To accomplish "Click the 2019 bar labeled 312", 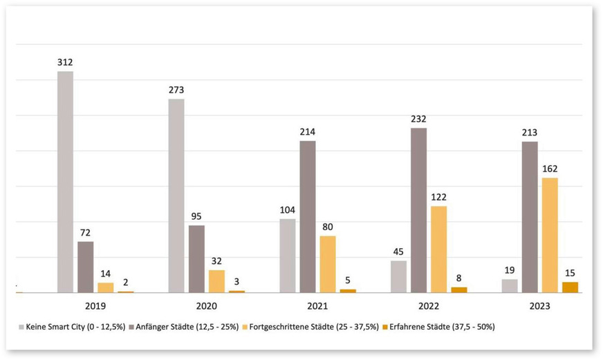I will pyautogui.click(x=65, y=182).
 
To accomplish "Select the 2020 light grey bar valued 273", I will pyautogui.click(x=176, y=196).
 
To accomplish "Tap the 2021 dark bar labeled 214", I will pyautogui.click(x=308, y=216).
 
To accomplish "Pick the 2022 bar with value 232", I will pyautogui.click(x=418, y=210).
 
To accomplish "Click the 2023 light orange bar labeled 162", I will pyautogui.click(x=550, y=235).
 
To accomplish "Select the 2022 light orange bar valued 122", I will pyautogui.click(x=438, y=249).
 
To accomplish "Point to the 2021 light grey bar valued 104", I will pyautogui.click(x=288, y=256).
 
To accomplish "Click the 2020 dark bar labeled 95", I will pyautogui.click(x=196, y=258).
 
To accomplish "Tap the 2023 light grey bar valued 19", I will pyautogui.click(x=510, y=285).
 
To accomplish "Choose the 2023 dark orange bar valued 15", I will pyautogui.click(x=570, y=287).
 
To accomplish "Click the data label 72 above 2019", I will pyautogui.click(x=85, y=233).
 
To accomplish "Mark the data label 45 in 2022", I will pyautogui.click(x=398, y=252).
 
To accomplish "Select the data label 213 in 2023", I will pyautogui.click(x=530, y=133).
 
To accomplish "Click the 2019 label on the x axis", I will pyautogui.click(x=95, y=305).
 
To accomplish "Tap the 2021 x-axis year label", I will pyautogui.click(x=317, y=305).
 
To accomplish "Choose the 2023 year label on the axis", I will pyautogui.click(x=540, y=305).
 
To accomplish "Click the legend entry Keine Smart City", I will pyautogui.click(x=72, y=326).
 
